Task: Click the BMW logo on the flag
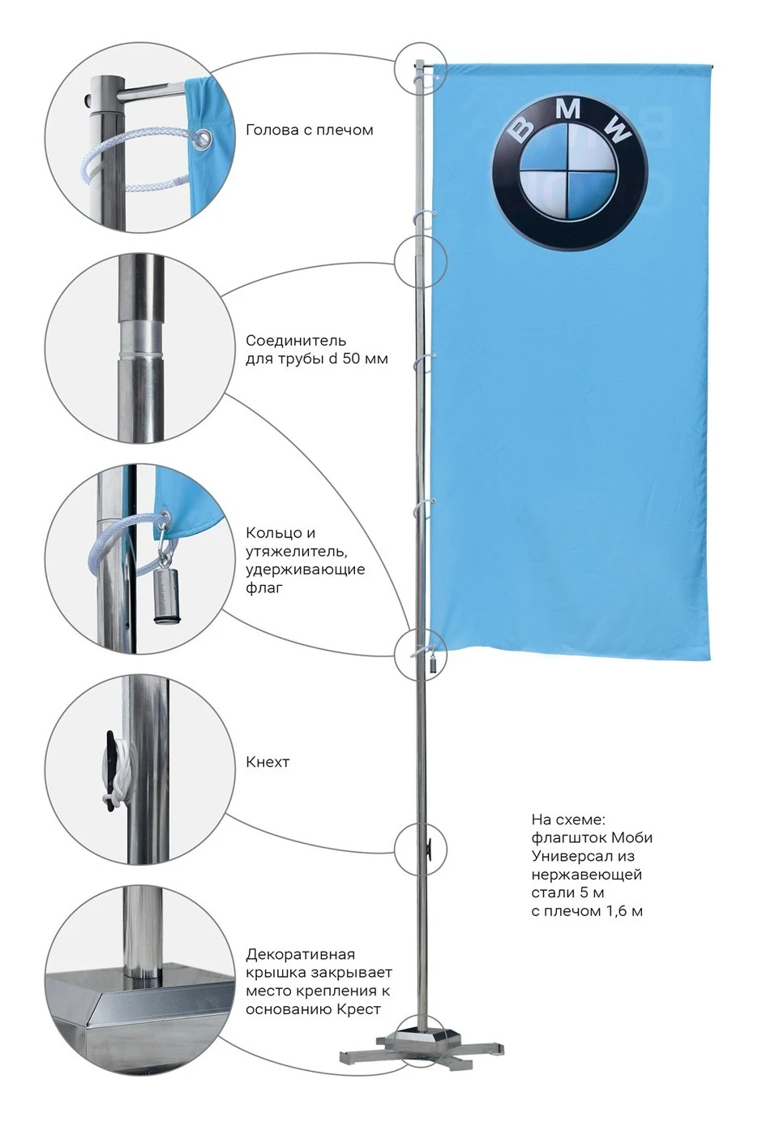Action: pyautogui.click(x=570, y=172)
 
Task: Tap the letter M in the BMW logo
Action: pyautogui.click(x=570, y=110)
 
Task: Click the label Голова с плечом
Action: pyautogui.click(x=310, y=131)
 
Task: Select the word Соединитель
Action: pyautogui.click(x=296, y=340)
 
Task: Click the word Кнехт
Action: pyautogui.click(x=268, y=762)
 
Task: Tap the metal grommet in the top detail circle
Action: pyautogui.click(x=204, y=137)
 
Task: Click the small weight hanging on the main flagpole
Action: pyautogui.click(x=432, y=666)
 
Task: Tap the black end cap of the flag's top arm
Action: pyautogui.click(x=712, y=66)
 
